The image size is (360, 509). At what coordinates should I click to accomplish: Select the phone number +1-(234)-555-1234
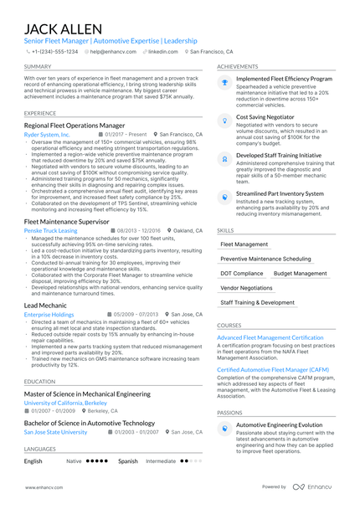(56, 51)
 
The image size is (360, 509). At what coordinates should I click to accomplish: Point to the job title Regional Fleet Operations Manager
(75, 125)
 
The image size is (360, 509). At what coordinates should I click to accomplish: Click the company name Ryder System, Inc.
(48, 134)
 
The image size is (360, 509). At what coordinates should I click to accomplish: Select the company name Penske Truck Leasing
(50, 229)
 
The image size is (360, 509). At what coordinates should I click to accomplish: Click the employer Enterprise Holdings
(49, 315)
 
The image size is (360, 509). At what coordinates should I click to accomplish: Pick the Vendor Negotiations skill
(246, 287)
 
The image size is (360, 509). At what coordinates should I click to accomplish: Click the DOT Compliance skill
(241, 273)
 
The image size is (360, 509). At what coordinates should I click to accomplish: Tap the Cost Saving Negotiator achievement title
(265, 117)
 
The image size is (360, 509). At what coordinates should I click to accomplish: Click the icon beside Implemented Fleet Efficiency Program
(224, 82)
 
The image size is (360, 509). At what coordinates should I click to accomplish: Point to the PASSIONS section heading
(230, 413)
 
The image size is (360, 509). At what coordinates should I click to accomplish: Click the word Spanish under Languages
(128, 460)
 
